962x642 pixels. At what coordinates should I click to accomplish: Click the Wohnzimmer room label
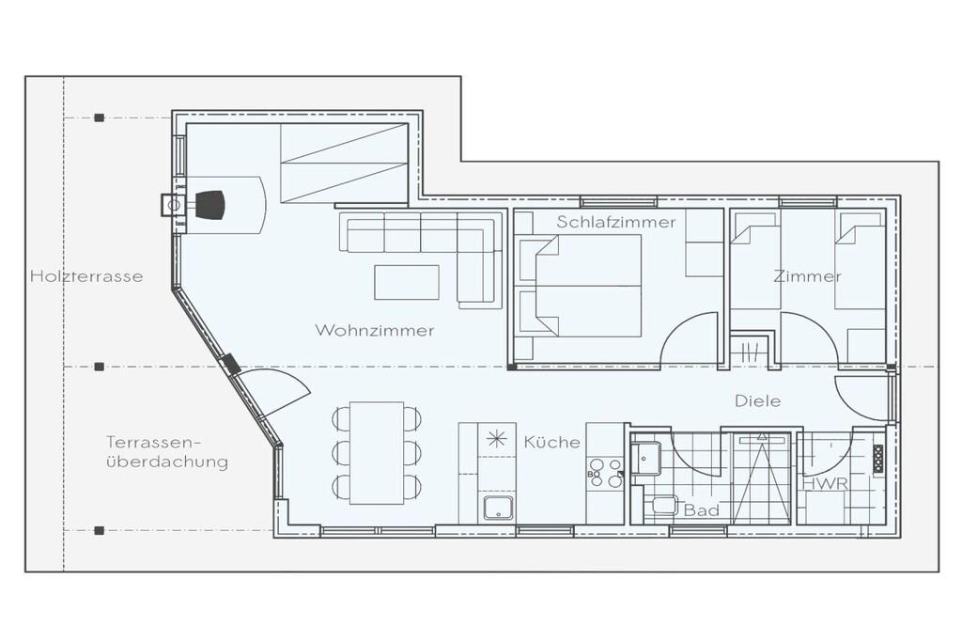click(374, 330)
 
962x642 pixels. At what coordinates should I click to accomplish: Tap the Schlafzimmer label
click(616, 222)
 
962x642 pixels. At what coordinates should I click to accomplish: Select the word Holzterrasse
click(86, 276)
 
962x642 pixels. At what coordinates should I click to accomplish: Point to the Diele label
click(758, 400)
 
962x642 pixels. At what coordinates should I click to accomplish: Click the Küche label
click(551, 442)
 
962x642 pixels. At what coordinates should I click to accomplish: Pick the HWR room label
click(825, 484)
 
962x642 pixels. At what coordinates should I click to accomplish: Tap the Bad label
click(701, 510)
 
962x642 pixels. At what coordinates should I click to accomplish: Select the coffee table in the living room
click(407, 282)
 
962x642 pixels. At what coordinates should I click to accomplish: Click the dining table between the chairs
click(377, 453)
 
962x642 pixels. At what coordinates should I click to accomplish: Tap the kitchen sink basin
click(498, 508)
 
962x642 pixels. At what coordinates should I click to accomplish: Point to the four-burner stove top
click(605, 473)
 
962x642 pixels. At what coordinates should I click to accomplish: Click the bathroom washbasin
click(646, 457)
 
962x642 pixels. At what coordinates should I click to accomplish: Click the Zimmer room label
click(807, 276)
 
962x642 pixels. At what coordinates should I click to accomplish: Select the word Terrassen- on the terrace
click(154, 442)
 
